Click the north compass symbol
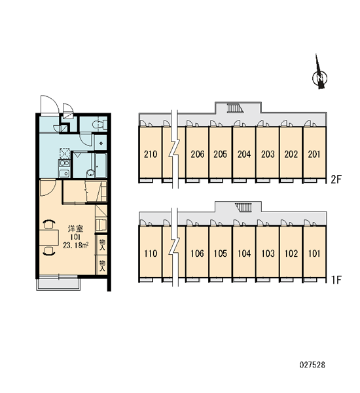[319, 75]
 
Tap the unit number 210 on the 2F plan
[151, 154]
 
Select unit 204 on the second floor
[244, 154]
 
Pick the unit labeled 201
[314, 154]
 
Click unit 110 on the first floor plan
[151, 253]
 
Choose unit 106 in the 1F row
[197, 253]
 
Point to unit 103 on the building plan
[268, 253]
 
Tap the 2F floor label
[336, 179]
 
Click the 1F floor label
[336, 280]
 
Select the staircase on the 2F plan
[235, 108]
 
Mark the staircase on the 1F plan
[243, 208]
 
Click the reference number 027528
[312, 365]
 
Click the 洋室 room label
[75, 229]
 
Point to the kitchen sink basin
[64, 173]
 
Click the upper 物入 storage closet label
[102, 244]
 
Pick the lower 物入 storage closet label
[102, 266]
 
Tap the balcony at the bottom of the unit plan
[58, 283]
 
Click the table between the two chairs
[49, 238]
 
